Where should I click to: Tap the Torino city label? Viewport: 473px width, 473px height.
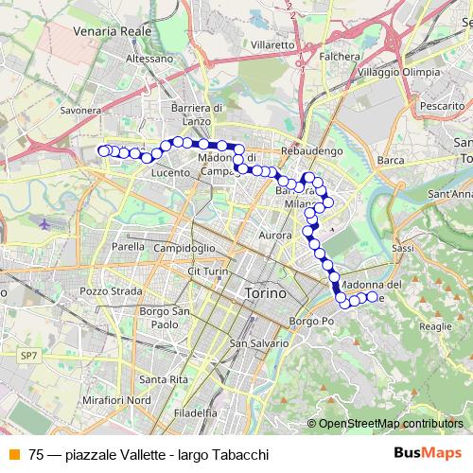pos(265,294)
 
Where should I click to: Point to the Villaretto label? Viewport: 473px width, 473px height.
pos(274,44)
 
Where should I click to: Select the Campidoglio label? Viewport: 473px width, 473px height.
pos(185,247)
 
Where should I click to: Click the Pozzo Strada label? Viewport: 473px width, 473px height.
pos(108,291)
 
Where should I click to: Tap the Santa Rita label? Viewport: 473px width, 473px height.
pos(160,379)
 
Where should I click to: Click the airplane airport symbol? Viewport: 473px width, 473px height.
pos(47,224)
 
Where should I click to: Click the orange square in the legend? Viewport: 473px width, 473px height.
pos(12,454)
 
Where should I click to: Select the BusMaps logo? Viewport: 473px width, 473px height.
pos(427,453)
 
